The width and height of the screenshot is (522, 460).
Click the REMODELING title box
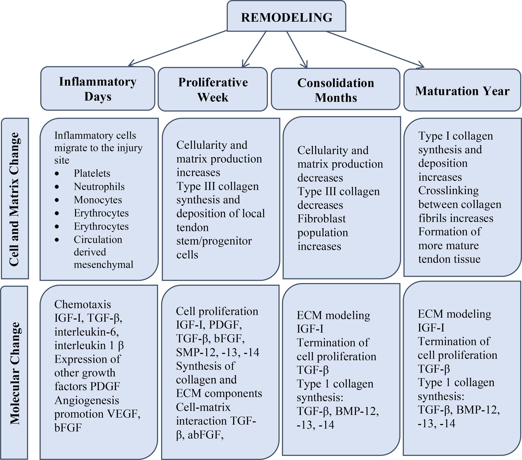(x=286, y=16)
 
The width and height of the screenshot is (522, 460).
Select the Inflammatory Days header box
(x=98, y=89)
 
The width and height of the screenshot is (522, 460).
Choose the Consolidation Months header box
(x=336, y=90)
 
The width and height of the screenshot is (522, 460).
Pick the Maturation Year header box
(x=462, y=91)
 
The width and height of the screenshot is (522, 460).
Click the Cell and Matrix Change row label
(x=15, y=199)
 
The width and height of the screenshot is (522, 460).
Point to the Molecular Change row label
(x=15, y=373)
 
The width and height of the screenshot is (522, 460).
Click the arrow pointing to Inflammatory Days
(x=177, y=48)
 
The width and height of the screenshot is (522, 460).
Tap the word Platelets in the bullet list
(x=92, y=173)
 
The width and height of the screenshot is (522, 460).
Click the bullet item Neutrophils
(x=99, y=186)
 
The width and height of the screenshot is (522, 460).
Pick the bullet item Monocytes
(x=98, y=200)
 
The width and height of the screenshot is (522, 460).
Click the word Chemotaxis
(x=79, y=304)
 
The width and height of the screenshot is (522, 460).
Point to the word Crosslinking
(x=448, y=191)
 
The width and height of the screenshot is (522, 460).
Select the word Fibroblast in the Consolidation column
(x=321, y=219)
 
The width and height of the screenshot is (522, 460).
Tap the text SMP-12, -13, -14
(x=217, y=352)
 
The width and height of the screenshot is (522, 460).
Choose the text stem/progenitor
(x=214, y=241)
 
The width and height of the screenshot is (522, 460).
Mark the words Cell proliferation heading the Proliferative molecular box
(x=217, y=311)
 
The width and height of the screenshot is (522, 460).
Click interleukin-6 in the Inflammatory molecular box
(x=87, y=332)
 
